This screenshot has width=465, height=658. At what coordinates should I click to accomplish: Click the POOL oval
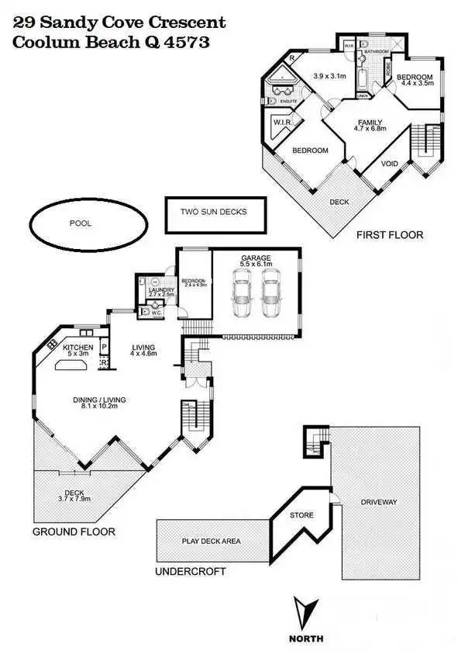(81, 223)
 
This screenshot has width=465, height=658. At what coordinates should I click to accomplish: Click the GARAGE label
(256, 257)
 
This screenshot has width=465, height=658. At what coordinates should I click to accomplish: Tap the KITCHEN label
(78, 347)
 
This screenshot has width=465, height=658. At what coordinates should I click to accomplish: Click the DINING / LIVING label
(99, 400)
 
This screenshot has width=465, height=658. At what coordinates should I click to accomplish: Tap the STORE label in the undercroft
(301, 515)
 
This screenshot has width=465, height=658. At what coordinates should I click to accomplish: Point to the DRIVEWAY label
(379, 502)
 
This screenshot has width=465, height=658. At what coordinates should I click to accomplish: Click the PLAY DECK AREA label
(211, 541)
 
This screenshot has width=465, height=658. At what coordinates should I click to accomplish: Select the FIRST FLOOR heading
(390, 234)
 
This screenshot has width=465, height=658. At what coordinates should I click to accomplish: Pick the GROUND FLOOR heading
(74, 532)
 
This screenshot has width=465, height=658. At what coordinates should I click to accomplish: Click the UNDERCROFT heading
(191, 572)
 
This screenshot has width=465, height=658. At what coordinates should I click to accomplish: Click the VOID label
(391, 164)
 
